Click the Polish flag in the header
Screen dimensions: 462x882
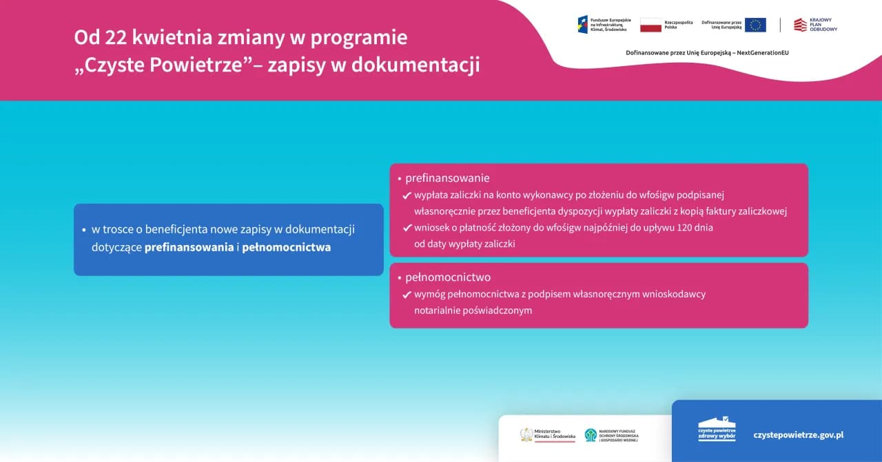tap(650, 25)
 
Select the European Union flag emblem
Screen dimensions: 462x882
tap(755, 25)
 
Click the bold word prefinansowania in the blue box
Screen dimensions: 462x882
tap(189, 247)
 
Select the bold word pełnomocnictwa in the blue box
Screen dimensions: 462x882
tap(286, 247)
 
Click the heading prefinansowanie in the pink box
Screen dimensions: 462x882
tap(447, 178)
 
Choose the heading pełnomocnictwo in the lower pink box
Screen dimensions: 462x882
tap(448, 277)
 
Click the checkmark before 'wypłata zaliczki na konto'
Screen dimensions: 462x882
tap(407, 196)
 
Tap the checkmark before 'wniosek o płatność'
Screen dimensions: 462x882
tap(407, 228)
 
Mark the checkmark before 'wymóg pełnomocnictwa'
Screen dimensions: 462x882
tap(407, 295)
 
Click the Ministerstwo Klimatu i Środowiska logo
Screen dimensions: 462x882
tap(547, 435)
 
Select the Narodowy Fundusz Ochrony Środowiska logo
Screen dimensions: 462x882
tap(611, 435)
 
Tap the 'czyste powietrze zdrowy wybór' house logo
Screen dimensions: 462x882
tap(717, 429)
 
